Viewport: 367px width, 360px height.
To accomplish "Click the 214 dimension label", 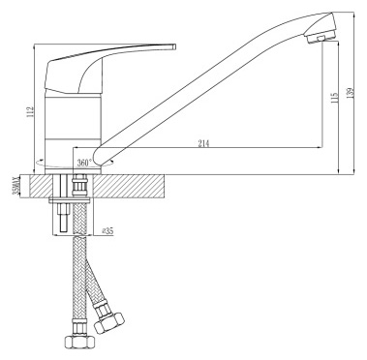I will (x=204, y=145).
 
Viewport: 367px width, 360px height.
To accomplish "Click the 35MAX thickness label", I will (x=14, y=186).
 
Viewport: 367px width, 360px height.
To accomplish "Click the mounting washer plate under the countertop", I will (x=74, y=201).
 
